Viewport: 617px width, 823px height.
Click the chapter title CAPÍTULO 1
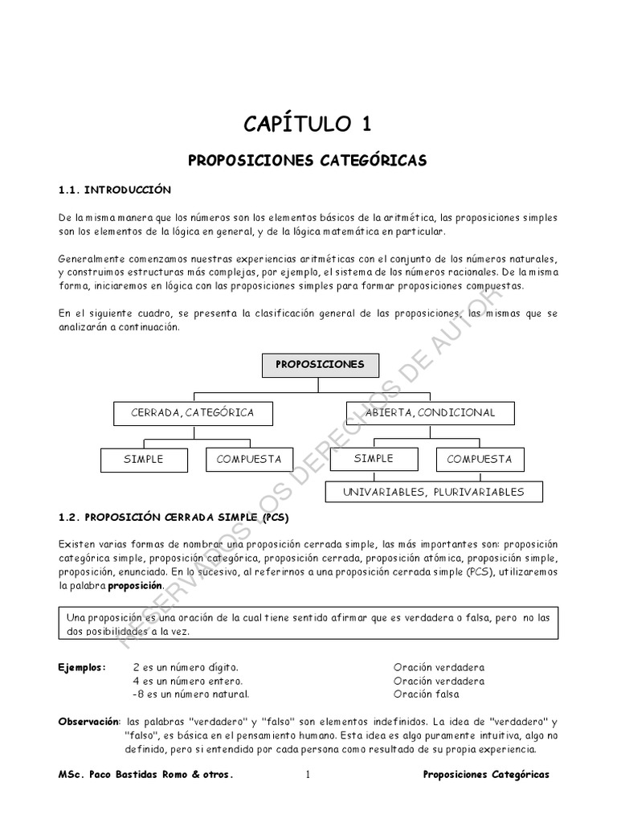click(308, 124)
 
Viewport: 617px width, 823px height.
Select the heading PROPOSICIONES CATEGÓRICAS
click(308, 161)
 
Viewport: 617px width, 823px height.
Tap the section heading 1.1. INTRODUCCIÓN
click(115, 190)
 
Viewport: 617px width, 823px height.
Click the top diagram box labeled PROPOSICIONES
click(320, 365)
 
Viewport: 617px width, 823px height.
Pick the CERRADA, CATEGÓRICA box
click(193, 413)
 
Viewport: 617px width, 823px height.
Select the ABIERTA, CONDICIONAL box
click(430, 413)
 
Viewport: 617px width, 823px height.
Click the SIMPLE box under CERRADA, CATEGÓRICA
click(143, 460)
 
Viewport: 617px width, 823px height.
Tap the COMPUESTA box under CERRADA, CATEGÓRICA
click(248, 460)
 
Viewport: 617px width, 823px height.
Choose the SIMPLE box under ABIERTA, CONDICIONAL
click(374, 459)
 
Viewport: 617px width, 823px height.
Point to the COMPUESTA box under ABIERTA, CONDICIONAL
click(479, 460)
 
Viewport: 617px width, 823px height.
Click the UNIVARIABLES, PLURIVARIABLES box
click(433, 492)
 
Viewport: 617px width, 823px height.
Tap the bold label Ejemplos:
click(82, 668)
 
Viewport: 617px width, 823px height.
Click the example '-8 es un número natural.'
click(190, 694)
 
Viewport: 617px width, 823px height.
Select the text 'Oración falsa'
click(426, 694)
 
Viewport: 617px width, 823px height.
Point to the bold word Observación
click(88, 721)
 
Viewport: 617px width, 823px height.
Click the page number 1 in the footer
click(308, 775)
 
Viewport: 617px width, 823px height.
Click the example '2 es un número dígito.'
click(185, 668)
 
